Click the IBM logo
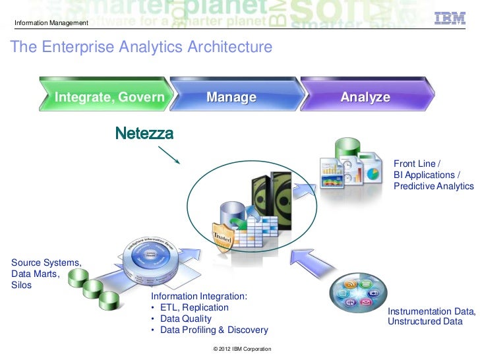(451, 19)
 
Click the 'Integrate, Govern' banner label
(109, 98)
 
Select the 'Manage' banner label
(231, 98)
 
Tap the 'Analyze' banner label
(365, 98)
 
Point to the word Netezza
(144, 134)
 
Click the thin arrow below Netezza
(168, 156)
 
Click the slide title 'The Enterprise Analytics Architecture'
(140, 48)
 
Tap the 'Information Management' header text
(51, 24)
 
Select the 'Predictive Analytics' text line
(433, 187)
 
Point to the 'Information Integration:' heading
(199, 297)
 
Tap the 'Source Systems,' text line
(46, 263)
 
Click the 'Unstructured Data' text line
(425, 322)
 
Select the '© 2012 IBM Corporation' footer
(239, 348)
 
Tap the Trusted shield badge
(222, 235)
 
